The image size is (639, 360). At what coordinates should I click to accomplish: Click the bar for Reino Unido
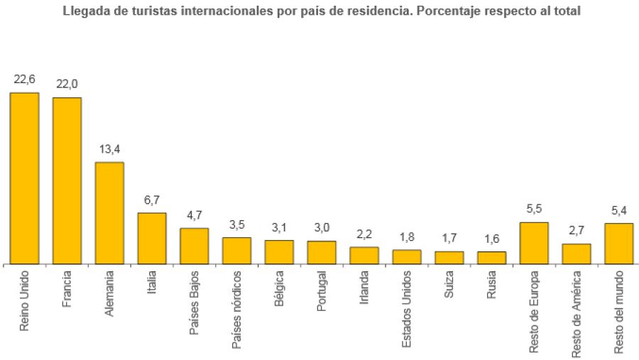point(24,178)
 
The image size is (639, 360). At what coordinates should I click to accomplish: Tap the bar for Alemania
point(109,213)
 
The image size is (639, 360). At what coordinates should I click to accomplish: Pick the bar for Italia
point(152,239)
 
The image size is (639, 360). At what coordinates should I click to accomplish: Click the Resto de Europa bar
point(534,243)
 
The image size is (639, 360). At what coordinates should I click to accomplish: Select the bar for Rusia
point(491,258)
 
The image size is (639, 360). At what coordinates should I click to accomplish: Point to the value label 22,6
point(24,79)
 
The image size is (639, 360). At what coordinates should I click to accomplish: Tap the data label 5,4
point(618,210)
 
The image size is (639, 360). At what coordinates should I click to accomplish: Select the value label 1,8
point(407,236)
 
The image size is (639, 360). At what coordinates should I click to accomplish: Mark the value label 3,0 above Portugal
point(322,228)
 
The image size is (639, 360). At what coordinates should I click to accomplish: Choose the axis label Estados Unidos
point(407,309)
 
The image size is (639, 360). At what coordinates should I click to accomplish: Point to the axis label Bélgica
point(279,288)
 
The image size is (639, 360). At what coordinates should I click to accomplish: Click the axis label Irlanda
point(364,285)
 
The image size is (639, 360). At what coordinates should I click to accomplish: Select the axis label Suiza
point(449,283)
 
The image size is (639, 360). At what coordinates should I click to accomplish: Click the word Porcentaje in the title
point(449,11)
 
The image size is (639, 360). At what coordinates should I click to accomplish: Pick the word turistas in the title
point(153,11)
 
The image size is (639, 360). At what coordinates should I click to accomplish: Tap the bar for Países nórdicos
point(236,251)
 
